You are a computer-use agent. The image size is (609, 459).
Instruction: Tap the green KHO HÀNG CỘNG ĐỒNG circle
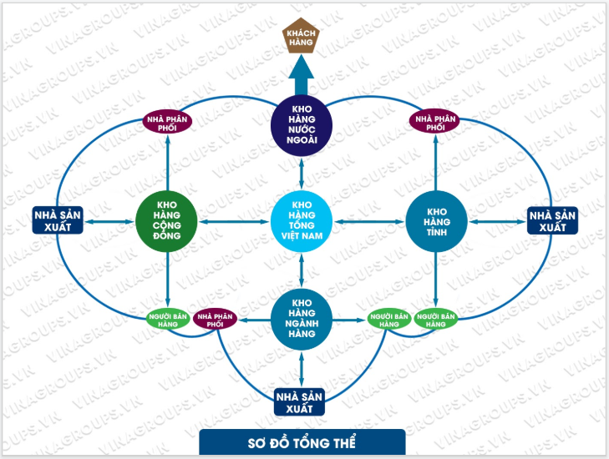(168, 220)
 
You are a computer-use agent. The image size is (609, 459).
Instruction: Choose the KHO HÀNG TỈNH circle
(436, 220)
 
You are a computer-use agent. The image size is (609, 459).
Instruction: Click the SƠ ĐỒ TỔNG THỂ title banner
(302, 441)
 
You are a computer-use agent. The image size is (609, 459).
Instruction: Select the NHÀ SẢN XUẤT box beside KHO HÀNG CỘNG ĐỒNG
(58, 220)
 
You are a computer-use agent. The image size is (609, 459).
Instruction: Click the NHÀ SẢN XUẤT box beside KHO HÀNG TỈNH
(553, 220)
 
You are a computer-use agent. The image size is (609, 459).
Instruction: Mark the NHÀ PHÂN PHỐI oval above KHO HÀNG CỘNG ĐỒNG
(168, 122)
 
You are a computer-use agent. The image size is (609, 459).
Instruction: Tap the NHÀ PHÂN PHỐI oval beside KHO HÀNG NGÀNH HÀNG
(215, 318)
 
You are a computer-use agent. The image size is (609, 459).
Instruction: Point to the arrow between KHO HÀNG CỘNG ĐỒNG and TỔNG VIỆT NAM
(235, 220)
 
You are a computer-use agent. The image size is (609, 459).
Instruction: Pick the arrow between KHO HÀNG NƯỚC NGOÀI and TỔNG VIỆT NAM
(302, 174)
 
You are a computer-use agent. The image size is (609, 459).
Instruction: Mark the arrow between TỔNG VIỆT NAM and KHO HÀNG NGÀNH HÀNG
(302, 270)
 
